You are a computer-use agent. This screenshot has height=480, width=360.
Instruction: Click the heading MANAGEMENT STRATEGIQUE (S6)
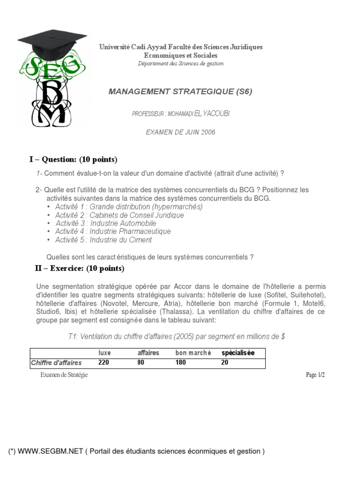click(x=180, y=91)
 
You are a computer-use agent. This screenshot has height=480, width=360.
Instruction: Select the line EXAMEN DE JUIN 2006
click(x=180, y=132)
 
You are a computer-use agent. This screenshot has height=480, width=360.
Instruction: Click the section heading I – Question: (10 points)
click(x=73, y=159)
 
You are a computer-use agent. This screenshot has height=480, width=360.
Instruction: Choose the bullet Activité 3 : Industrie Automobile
click(x=105, y=224)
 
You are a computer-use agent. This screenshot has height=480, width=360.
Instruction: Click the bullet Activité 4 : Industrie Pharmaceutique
click(x=112, y=232)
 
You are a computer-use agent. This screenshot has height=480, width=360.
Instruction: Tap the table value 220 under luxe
click(x=104, y=362)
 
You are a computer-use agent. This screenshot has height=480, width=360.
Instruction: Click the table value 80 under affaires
click(x=141, y=362)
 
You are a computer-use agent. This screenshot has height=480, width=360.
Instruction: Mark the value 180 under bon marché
click(x=180, y=362)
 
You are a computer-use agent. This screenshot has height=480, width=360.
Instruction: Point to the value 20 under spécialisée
click(x=225, y=362)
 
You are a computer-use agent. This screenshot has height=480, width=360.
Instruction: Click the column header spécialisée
click(x=238, y=353)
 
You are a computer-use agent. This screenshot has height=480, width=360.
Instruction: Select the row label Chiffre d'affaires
click(x=56, y=362)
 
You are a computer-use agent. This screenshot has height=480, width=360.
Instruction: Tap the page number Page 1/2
click(x=315, y=375)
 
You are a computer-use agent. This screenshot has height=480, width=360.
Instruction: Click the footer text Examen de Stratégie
click(x=64, y=375)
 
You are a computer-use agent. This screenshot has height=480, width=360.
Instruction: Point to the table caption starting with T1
click(x=177, y=337)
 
